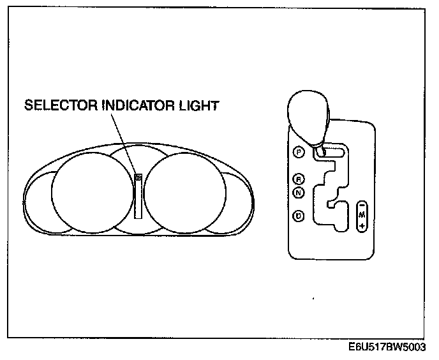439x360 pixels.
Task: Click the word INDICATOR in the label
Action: point(131,105)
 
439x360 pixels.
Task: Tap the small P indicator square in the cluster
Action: point(138,178)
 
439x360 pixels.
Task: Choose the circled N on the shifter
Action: point(299,191)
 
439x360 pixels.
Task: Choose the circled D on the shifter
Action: point(299,216)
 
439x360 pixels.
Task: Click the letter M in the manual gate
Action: point(362,214)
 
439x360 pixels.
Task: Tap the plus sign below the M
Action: point(362,225)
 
